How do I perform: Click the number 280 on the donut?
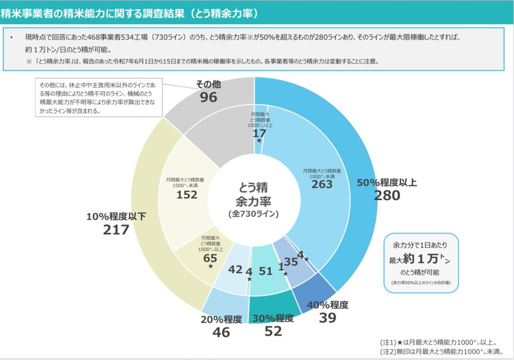pos(387,196)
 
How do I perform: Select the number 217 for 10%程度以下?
pos(116,230)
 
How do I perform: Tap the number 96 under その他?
pos(208,97)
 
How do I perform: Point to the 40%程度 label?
pos(328,305)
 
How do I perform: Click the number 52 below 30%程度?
pos(273,331)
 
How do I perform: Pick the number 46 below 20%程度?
pos(221,332)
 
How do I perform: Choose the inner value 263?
pos(322,184)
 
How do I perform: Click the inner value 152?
pos(187,195)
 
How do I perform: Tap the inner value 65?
pos(210,258)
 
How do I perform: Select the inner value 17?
pos(259,133)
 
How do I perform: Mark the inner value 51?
pos(266,271)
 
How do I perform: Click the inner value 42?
pos(235,270)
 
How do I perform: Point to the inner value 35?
pos(291,262)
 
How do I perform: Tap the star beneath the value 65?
pos(210,266)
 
